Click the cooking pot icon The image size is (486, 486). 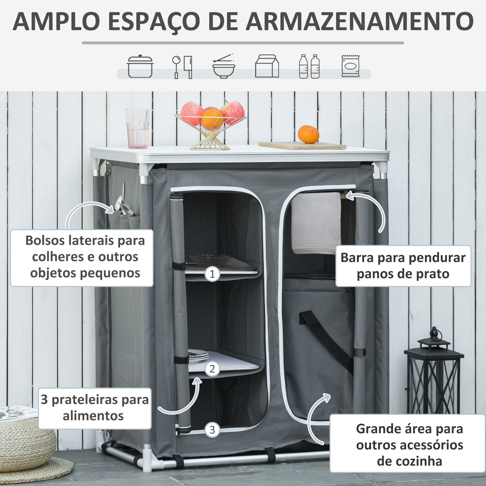(140, 66)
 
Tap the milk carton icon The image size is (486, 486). (267, 66)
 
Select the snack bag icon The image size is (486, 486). (350, 66)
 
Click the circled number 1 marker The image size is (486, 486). (212, 274)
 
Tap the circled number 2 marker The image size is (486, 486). (212, 369)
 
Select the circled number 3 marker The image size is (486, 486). (212, 430)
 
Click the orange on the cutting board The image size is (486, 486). (308, 134)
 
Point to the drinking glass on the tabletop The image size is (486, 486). (137, 129)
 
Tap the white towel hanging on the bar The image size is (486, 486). (316, 223)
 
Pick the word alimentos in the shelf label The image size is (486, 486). (93, 416)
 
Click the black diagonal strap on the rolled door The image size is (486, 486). (326, 341)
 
